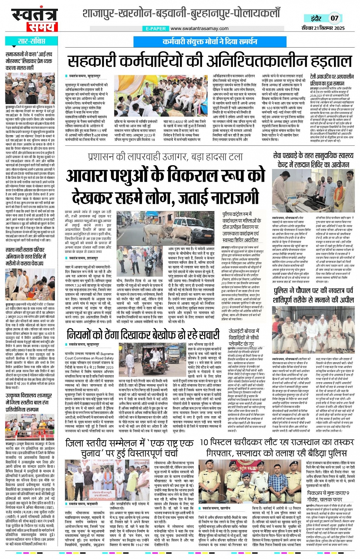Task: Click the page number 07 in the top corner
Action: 334,18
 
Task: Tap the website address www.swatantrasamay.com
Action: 199,29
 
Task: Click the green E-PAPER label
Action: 156,29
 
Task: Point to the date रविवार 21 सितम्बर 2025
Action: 323,28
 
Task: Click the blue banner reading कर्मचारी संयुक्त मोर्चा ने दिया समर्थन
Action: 210,42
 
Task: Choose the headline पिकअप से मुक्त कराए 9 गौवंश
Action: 328,496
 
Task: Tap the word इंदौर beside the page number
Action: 316,18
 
